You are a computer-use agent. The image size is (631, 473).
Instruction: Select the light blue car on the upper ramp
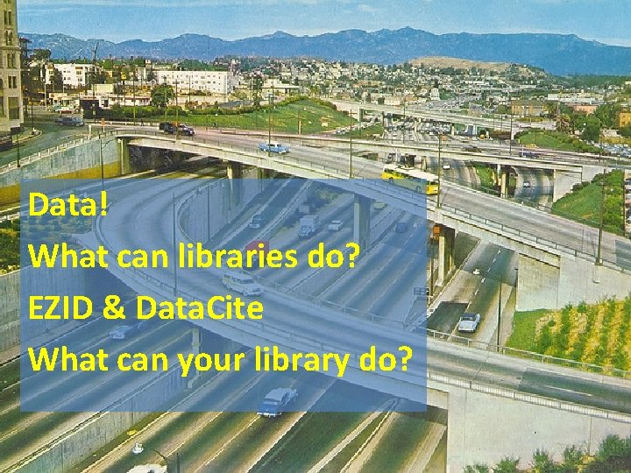tap(273, 148)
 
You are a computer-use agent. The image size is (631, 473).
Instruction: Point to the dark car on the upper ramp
tap(176, 129)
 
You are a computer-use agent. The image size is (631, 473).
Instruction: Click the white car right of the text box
tap(469, 321)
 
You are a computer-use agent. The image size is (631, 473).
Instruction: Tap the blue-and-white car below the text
tap(276, 401)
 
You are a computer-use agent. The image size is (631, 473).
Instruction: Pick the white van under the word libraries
tap(241, 283)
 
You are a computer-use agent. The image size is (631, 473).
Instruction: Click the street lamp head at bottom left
tap(137, 448)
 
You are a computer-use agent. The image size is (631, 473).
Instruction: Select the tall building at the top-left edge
tap(10, 61)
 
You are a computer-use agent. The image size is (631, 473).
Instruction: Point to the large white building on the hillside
tap(195, 81)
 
